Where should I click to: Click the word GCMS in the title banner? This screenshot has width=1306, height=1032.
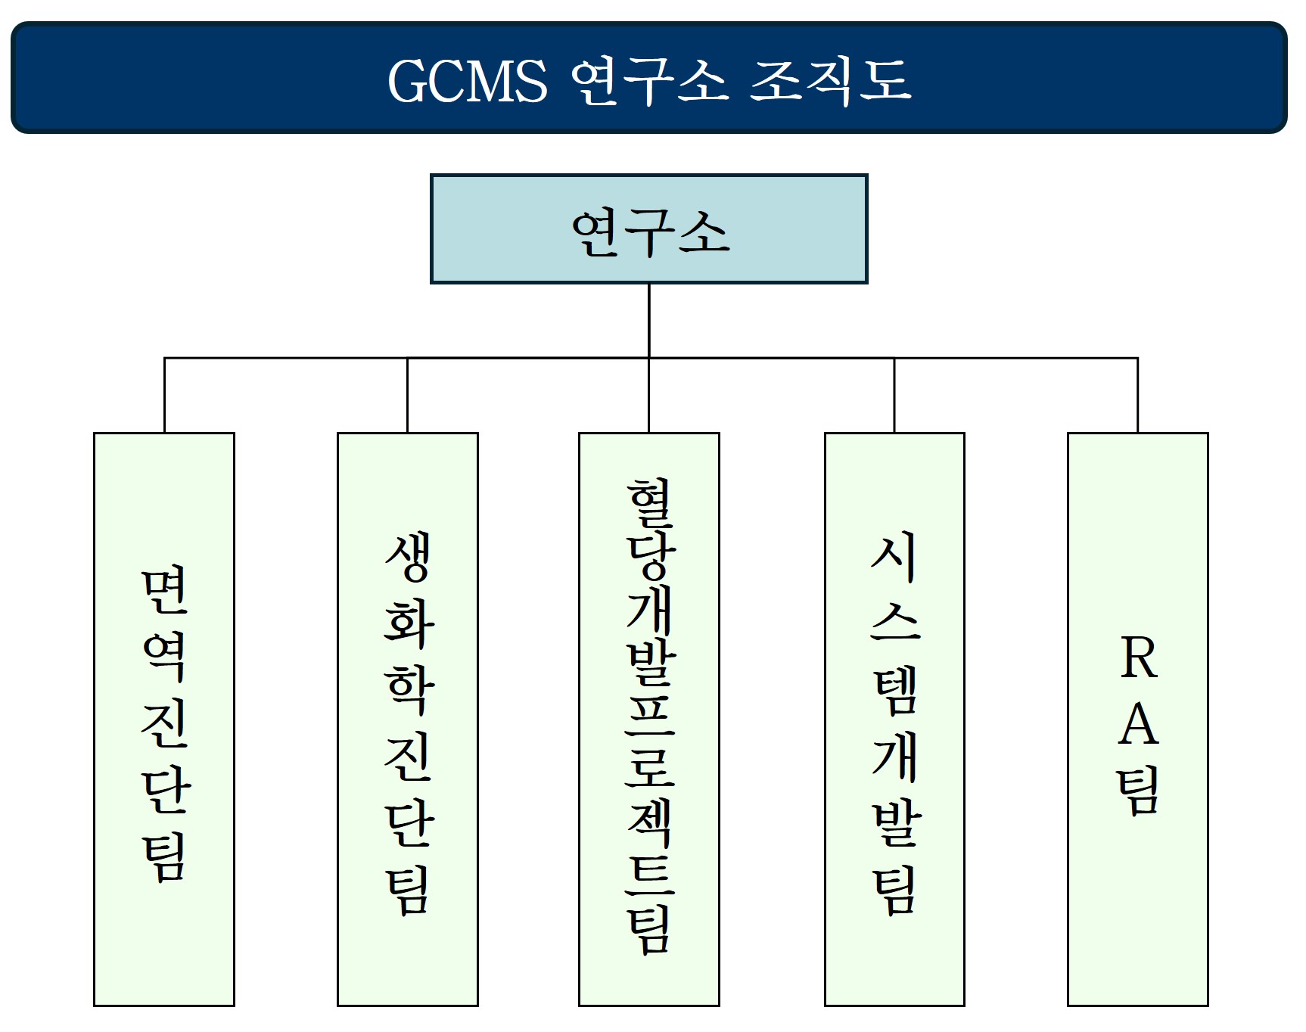click(467, 81)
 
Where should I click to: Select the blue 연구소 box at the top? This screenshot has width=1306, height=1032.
click(648, 229)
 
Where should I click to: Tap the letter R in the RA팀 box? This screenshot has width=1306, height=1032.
click(1138, 658)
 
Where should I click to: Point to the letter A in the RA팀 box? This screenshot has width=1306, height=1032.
click(1138, 725)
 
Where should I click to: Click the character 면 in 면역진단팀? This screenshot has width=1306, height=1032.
click(164, 591)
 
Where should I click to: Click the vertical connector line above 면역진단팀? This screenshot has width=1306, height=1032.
click(164, 395)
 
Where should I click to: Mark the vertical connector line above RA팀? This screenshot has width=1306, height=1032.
click(1137, 395)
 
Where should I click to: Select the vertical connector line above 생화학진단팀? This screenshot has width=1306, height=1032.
click(407, 395)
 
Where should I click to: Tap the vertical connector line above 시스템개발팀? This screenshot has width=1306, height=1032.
click(894, 395)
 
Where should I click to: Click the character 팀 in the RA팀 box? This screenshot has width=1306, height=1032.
click(1138, 791)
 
